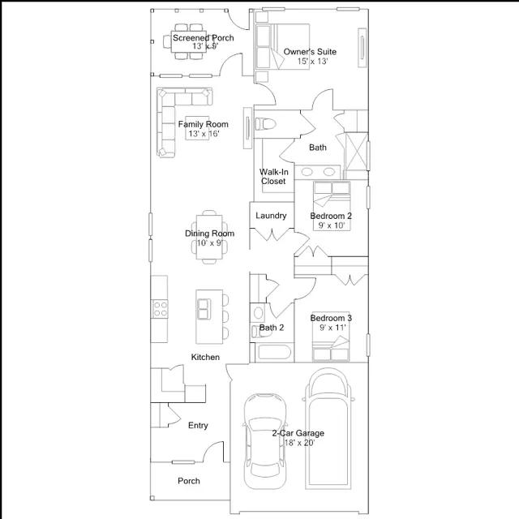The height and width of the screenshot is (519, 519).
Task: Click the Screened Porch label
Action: pyautogui.click(x=204, y=38)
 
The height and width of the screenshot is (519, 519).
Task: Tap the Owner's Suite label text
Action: pyautogui.click(x=310, y=52)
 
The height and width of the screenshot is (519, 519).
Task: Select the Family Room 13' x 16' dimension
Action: pyautogui.click(x=204, y=134)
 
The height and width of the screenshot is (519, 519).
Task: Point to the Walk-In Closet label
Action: pyautogui.click(x=273, y=177)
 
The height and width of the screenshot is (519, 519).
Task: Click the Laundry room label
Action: pyautogui.click(x=271, y=216)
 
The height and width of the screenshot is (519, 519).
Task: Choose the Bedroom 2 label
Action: pyautogui.click(x=331, y=216)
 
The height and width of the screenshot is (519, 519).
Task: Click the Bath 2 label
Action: pyautogui.click(x=272, y=328)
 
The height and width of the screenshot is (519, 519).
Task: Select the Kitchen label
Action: pyautogui.click(x=205, y=357)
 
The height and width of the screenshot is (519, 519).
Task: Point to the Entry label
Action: pyautogui.click(x=198, y=425)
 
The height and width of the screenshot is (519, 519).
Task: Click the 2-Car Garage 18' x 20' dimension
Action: pyautogui.click(x=299, y=443)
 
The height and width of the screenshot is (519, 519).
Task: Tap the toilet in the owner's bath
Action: pyautogui.click(x=265, y=124)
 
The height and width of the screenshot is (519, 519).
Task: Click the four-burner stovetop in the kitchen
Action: pyautogui.click(x=160, y=309)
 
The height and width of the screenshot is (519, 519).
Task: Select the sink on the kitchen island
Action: pyautogui.click(x=204, y=309)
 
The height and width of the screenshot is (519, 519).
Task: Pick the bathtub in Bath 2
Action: pyautogui.click(x=274, y=352)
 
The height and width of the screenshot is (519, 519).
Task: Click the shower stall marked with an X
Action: pyautogui.click(x=356, y=152)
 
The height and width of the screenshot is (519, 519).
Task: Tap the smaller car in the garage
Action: pyautogui.click(x=264, y=441)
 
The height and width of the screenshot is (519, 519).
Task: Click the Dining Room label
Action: pyautogui.click(x=209, y=234)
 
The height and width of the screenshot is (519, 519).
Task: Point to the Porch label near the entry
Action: pyautogui.click(x=189, y=481)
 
